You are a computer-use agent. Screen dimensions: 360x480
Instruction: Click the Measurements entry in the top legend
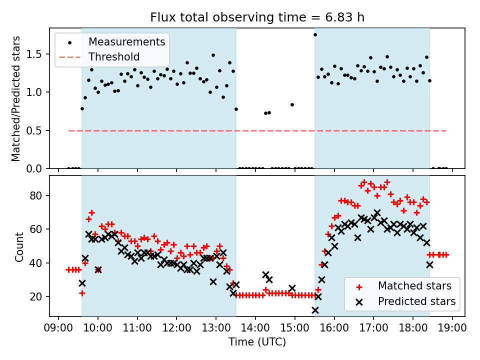coord(126,41)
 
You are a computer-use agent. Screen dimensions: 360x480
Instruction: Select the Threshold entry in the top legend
coord(114,56)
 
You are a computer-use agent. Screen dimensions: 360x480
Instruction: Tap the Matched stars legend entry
coord(414,286)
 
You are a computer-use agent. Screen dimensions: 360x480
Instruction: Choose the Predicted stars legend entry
coord(416,301)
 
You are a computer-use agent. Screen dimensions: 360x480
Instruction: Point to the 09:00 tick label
coord(58,327)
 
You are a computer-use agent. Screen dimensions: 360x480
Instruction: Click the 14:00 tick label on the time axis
coord(255,327)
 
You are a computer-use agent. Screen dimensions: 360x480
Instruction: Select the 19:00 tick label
coord(452,327)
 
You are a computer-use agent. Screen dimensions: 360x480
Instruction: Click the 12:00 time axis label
coord(176,327)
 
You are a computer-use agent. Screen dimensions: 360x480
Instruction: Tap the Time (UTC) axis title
coord(257,342)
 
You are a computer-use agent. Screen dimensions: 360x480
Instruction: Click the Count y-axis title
coord(19,246)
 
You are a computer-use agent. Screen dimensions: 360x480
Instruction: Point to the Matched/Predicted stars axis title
coord(16,98)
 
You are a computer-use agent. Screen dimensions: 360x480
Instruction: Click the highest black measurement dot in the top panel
coord(315,34)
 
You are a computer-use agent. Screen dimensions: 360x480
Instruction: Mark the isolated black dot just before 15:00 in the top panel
coord(292,104)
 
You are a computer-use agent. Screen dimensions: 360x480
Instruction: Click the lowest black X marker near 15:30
coord(315,310)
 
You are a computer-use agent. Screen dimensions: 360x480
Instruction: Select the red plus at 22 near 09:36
coord(82,293)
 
